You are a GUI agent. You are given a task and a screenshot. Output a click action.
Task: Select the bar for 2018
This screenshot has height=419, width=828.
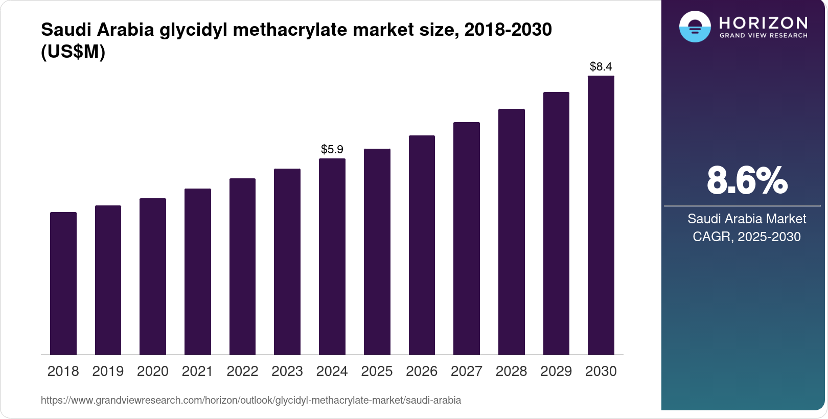[63, 284]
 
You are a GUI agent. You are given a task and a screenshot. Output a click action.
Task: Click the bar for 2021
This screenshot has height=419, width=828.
[198, 272]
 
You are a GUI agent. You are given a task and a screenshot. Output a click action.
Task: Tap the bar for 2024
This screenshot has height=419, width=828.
[332, 257]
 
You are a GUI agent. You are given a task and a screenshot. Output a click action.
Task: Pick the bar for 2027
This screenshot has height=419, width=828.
[466, 239]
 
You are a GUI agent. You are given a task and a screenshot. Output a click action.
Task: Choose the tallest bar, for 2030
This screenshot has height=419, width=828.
[601, 215]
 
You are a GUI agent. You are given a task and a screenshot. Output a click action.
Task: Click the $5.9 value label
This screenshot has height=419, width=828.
[332, 149]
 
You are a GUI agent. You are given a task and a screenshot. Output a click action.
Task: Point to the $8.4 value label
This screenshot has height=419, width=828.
[601, 66]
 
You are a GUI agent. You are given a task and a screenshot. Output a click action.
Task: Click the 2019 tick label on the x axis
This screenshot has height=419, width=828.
[108, 371]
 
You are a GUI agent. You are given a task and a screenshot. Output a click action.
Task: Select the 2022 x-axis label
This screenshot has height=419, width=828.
[242, 371]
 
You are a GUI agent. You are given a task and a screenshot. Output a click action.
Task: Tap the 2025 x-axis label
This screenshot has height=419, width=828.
[377, 371]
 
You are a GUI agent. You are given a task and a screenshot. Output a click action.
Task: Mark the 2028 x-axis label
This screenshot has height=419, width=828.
[511, 371]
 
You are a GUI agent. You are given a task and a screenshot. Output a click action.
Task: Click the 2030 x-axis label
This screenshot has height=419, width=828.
[601, 371]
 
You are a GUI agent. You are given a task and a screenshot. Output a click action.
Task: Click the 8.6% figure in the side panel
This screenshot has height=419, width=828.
[747, 180]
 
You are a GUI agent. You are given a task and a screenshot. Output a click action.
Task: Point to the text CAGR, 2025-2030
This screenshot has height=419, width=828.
[747, 237]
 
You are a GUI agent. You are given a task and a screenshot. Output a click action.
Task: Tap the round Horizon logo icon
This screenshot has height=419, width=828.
[695, 27]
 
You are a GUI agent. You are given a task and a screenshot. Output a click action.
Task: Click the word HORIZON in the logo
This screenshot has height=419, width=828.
[763, 22]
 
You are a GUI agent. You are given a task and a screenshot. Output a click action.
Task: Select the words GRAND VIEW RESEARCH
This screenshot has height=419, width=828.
[763, 36]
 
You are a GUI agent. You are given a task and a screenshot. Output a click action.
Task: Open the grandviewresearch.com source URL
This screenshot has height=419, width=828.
[251, 400]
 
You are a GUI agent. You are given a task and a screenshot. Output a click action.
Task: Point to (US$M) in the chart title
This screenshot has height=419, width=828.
[73, 52]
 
